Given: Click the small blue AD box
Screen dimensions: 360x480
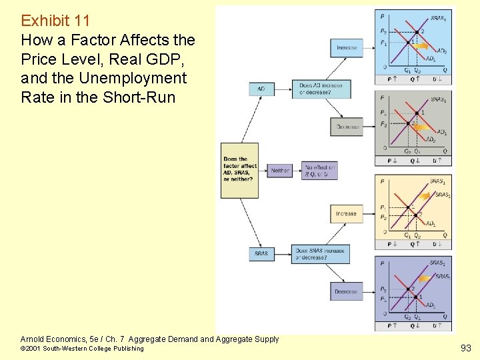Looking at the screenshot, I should click(261, 89).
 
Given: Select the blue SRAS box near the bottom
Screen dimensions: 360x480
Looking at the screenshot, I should click(261, 253).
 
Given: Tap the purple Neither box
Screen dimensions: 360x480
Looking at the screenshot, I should click(280, 171).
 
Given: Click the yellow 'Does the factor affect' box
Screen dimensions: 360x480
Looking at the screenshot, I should click(239, 170).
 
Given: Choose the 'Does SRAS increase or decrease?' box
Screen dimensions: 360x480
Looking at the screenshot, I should click(320, 254).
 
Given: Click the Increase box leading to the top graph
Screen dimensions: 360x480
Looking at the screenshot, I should click(347, 48).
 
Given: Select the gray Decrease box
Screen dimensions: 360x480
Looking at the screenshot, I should click(347, 127).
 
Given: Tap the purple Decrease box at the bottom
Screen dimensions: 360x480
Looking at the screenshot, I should click(347, 291).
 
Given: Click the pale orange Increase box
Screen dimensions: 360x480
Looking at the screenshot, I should click(346, 213).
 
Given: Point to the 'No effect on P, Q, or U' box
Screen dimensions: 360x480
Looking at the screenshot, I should click(319, 171).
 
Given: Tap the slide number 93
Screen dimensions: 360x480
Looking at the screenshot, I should click(465, 347).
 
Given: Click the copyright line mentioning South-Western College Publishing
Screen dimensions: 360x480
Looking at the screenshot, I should click(82, 349).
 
